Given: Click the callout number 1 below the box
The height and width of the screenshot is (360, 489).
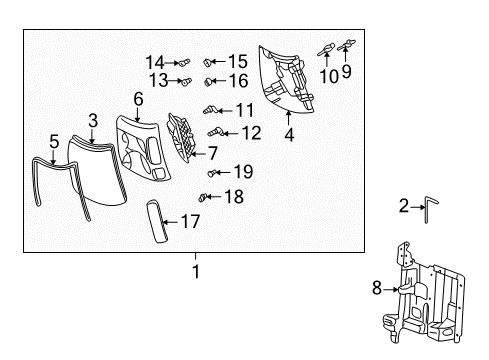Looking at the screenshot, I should coord(196,271).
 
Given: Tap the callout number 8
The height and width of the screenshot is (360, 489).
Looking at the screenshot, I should coord(375,290).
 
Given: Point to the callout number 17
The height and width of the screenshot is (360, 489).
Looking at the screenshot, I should coord(189,224).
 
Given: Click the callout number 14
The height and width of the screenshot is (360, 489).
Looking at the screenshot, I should coord(154,61).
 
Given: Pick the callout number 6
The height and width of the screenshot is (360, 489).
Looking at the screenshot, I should coord(138,99).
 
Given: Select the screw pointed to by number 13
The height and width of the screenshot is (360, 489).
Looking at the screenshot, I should coord(186,81).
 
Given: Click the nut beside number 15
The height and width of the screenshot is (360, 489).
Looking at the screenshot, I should coord(209,62).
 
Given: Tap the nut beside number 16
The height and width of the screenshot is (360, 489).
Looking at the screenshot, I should coord(209,81).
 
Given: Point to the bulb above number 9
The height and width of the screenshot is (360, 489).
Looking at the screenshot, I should coord(349,42).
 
